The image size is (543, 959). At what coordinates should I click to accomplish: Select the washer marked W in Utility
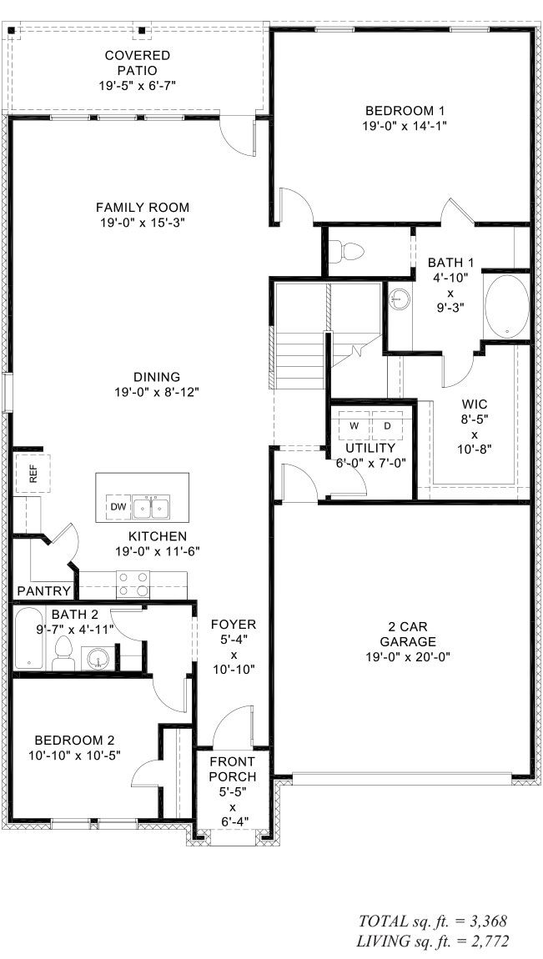354,426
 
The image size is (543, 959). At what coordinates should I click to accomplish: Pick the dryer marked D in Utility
386,426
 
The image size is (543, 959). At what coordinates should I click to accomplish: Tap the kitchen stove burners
133,582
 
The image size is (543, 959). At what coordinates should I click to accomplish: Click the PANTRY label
43,590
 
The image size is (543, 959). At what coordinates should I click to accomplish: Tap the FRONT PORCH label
233,769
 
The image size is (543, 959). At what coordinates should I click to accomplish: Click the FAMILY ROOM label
143,207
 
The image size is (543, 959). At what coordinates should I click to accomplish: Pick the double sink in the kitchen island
152,506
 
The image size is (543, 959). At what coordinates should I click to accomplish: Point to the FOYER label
234,624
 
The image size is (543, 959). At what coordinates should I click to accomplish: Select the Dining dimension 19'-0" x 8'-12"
157,392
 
